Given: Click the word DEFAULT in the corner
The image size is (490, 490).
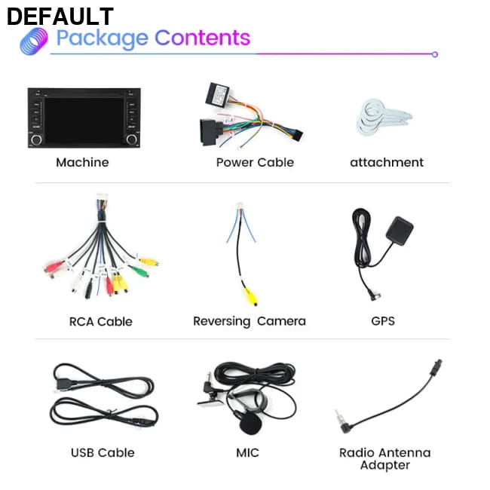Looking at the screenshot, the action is (x=60, y=17).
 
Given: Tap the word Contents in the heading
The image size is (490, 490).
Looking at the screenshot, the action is (x=203, y=38).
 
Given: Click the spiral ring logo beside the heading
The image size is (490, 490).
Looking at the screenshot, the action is (x=34, y=41).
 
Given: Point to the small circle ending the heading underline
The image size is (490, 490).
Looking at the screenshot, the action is (x=435, y=54).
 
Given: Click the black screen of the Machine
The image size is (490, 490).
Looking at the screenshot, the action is (x=84, y=120).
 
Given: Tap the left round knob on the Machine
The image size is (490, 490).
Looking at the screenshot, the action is (x=36, y=139).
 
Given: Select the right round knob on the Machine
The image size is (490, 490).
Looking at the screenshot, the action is (x=132, y=139).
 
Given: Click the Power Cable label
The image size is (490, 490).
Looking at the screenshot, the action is (x=255, y=162).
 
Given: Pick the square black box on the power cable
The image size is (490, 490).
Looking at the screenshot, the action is (x=218, y=94).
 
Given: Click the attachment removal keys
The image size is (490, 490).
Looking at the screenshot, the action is (x=383, y=117).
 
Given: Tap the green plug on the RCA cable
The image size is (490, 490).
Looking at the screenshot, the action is (x=139, y=271).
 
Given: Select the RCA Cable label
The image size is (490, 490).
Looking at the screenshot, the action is (x=100, y=322).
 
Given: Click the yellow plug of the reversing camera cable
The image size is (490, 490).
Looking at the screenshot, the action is (x=250, y=296).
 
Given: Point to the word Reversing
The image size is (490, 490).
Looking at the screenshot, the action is (x=222, y=322).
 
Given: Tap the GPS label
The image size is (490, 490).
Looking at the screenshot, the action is (x=383, y=321).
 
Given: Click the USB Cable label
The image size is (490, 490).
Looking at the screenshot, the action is (x=103, y=452).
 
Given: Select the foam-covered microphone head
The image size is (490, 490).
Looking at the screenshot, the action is (x=250, y=424).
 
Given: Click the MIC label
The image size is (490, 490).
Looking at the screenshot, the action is (x=247, y=452).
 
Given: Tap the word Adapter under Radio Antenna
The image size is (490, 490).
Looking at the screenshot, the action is (x=385, y=466).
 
